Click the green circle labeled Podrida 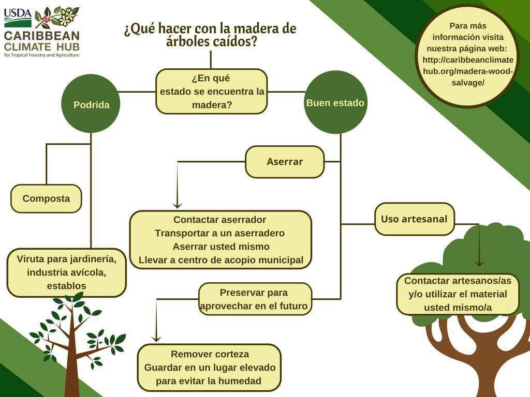(x=91, y=104)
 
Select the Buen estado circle (x=335, y=102)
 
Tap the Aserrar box (x=285, y=162)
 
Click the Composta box (x=46, y=198)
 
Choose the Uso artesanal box (x=414, y=219)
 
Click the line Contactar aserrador (x=220, y=220)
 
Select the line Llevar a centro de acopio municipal (x=221, y=260)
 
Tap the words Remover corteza (x=210, y=354)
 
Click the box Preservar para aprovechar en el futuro (x=255, y=299)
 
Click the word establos (x=66, y=286)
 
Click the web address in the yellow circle (x=468, y=66)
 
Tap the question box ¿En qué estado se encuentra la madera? (x=212, y=91)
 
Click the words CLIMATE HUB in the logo (x=42, y=46)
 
